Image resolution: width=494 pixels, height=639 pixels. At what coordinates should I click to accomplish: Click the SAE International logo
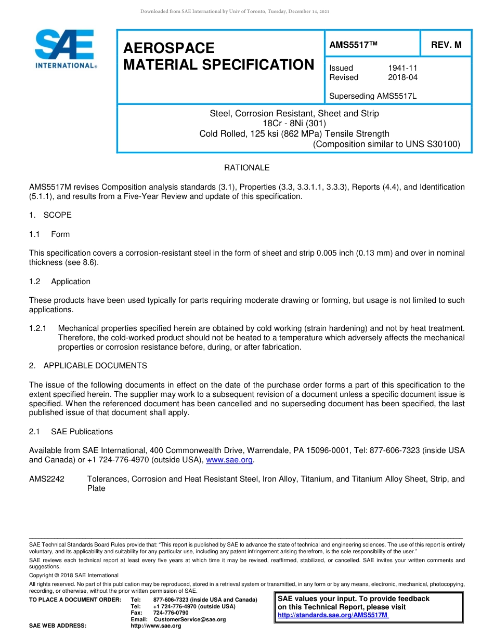point(65,49)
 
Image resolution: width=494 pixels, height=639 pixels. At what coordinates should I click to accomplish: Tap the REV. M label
point(446,45)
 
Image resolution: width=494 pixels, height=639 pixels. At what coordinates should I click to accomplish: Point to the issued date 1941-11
point(402,68)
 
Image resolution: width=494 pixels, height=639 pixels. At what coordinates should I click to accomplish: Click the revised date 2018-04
point(402,77)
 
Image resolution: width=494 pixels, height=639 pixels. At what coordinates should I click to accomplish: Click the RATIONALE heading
point(246,168)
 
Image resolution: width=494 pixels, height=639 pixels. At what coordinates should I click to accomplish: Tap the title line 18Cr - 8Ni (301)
point(294,124)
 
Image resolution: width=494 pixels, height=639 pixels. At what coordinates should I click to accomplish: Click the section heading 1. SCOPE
point(50,215)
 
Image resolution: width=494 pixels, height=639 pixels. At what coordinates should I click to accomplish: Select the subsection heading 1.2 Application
point(60,282)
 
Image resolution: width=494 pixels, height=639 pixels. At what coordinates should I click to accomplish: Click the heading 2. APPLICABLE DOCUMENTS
point(88,366)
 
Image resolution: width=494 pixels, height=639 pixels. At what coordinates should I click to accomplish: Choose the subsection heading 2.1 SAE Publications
point(71,432)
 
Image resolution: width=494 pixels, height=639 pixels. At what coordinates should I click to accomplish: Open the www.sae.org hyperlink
point(229,460)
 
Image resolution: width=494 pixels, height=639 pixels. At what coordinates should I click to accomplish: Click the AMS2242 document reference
point(47,479)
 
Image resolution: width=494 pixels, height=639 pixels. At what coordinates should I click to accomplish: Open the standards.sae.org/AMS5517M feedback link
point(333,615)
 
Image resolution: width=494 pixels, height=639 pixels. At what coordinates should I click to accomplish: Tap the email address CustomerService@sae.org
point(190,619)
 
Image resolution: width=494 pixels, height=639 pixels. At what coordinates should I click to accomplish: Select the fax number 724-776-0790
point(171,613)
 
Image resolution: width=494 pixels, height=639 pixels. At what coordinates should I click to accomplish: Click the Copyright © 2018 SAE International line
point(74,575)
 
